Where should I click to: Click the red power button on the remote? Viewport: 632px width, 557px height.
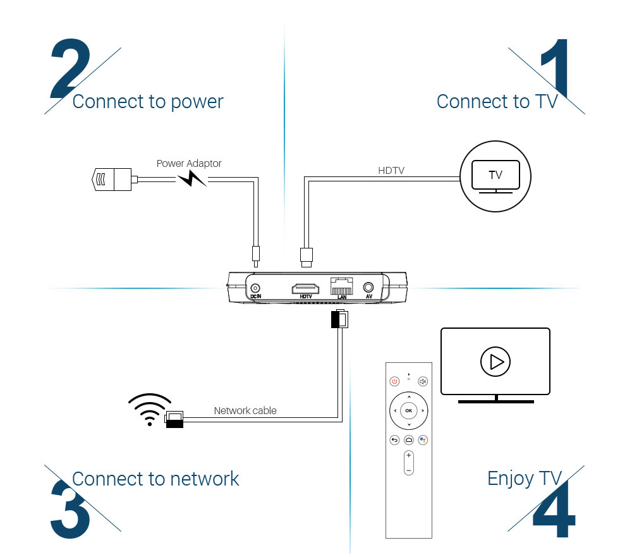tap(394, 381)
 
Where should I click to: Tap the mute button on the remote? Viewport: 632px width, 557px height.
tap(423, 381)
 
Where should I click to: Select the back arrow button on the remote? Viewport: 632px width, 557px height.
tap(394, 440)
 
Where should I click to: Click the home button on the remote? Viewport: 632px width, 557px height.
tap(408, 440)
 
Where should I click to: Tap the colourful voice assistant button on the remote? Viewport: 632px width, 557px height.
tap(423, 440)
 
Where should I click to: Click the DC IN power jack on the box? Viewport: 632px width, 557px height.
tap(256, 287)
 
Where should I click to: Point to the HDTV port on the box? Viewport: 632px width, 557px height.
tap(306, 288)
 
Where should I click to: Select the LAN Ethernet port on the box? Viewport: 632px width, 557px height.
tap(341, 287)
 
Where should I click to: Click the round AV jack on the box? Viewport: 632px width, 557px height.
tap(368, 288)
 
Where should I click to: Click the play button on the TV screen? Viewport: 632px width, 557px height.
tap(495, 362)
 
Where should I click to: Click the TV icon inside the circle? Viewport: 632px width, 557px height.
tap(495, 176)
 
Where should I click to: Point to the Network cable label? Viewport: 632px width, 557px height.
tap(245, 410)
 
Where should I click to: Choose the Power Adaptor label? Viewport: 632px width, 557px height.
tap(189, 163)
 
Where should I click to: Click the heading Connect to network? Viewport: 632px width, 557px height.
tap(155, 479)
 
